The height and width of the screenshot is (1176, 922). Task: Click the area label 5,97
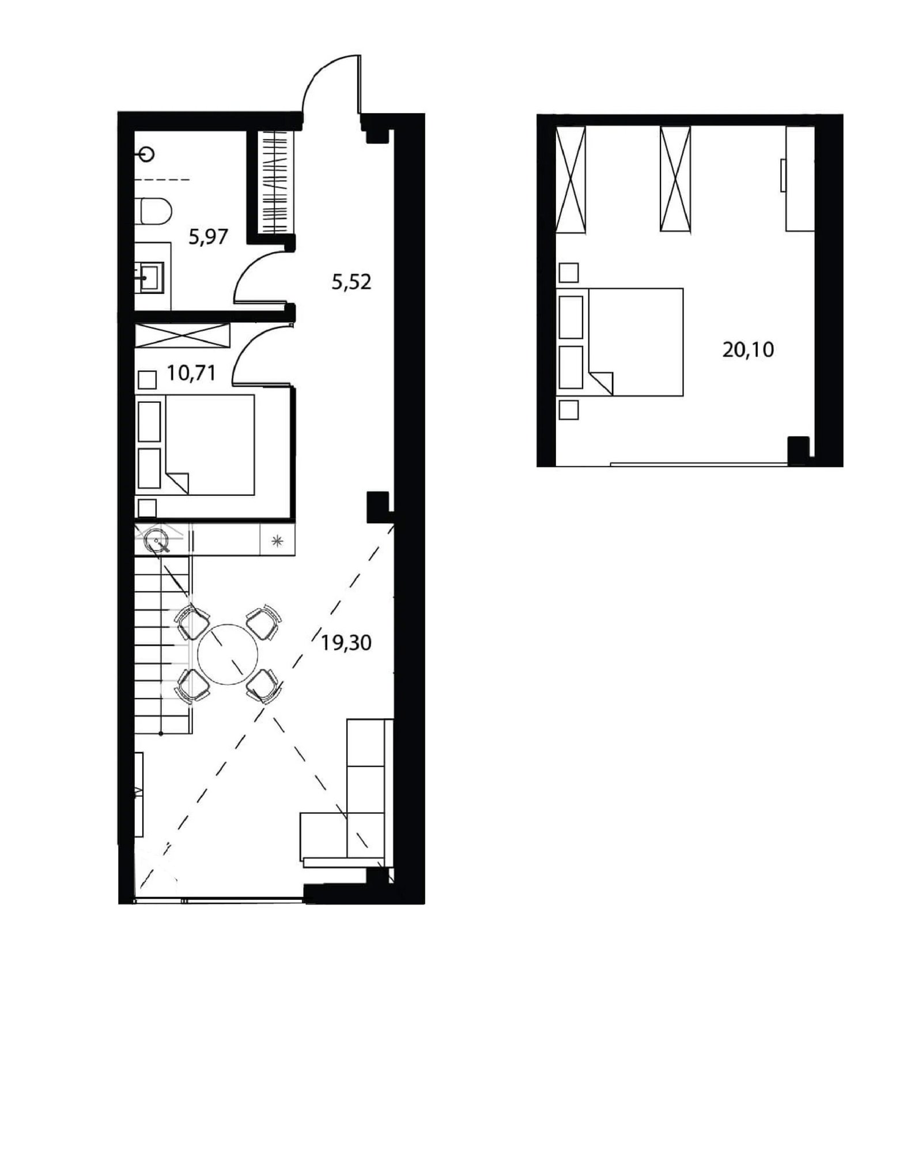click(x=209, y=236)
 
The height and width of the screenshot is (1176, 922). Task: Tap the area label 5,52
click(x=351, y=282)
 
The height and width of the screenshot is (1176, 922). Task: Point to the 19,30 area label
click(x=346, y=642)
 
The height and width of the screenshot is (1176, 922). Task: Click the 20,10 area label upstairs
click(x=748, y=349)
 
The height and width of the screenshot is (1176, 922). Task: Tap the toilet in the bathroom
click(x=153, y=211)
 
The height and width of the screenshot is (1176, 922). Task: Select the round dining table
click(x=228, y=654)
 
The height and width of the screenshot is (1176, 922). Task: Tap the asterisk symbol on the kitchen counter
click(x=278, y=541)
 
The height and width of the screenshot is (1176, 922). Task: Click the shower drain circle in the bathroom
click(x=148, y=154)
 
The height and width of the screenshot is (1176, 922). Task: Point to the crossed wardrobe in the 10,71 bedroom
click(x=182, y=336)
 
